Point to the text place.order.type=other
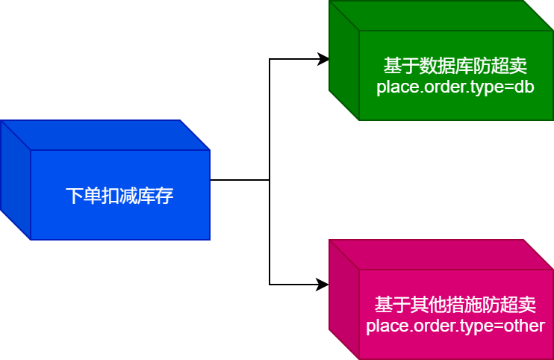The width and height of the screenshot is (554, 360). coord(455,326)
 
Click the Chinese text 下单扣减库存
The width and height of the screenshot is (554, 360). coord(119,196)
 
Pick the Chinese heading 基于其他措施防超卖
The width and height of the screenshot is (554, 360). coord(455,305)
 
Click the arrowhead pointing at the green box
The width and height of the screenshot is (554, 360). coord(324,59)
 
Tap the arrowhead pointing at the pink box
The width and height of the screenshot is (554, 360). coord(324,285)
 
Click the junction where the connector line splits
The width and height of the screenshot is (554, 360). coord(270,180)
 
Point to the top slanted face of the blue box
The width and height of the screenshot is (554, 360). coord(105,135)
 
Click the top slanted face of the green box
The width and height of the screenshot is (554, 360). coord(441,16)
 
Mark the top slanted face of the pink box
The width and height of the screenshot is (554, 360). coord(441,255)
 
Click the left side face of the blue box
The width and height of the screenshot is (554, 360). coord(15,179)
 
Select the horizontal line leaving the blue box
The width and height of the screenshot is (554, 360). coord(239,180)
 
